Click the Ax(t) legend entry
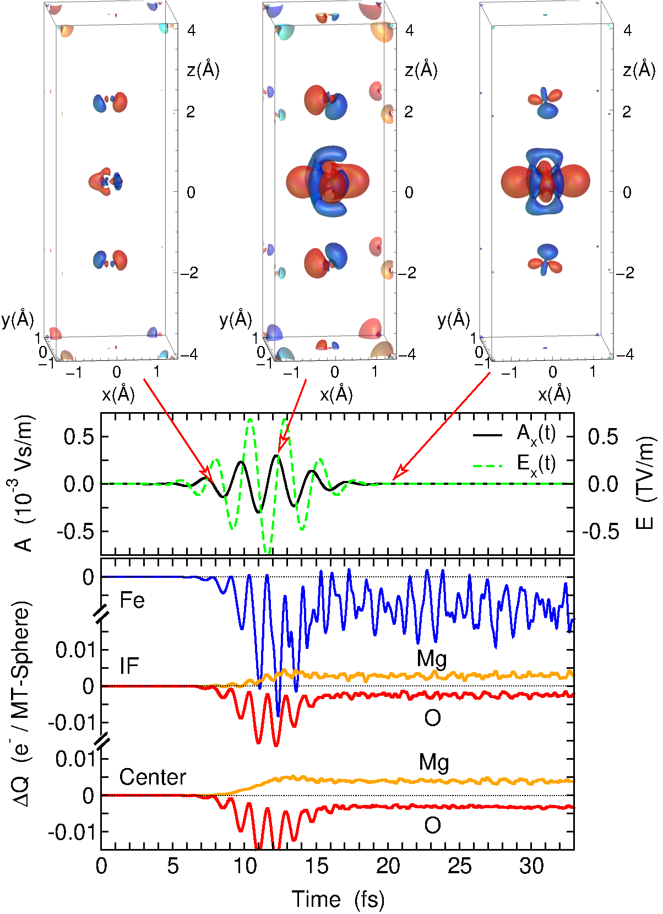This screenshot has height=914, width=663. point(536,434)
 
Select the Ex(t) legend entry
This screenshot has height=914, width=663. point(536,464)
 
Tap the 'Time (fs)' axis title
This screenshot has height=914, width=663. point(338,899)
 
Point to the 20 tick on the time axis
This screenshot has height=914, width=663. point(388,867)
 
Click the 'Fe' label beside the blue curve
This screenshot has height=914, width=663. point(132,600)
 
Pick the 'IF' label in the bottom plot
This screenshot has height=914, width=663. point(129,666)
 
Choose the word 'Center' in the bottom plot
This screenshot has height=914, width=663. point(153,777)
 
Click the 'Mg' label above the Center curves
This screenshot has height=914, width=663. point(433,762)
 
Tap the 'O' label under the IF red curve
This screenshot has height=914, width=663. point(432,718)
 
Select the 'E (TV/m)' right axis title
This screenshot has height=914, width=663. point(646,483)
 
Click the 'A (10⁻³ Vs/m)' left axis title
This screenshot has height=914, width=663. point(23,483)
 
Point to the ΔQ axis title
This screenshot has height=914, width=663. point(22,705)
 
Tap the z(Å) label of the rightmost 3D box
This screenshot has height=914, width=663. point(639,71)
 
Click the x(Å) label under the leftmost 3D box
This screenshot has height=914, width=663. point(118,394)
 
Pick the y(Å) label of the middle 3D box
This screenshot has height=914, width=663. point(235,320)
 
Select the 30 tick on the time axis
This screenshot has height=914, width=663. point(531,867)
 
